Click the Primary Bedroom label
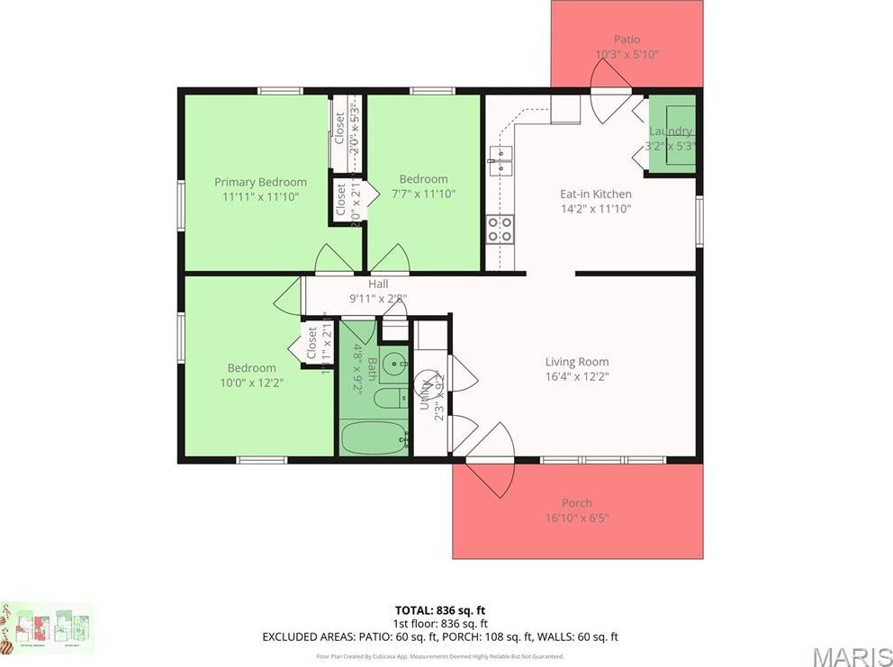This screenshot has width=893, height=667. pos(260,182)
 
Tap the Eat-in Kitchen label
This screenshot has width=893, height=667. pos(595,194)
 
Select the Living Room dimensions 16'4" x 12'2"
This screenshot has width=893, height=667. pos(577,377)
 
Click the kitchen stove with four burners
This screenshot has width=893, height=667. pos(500,230)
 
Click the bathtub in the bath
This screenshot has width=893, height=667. pos(374,440)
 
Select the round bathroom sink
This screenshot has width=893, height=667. pos(393,365)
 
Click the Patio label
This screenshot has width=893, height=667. pos(627,40)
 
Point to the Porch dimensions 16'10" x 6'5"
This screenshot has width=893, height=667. pos(577,518)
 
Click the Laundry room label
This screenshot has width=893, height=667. pos(672,131)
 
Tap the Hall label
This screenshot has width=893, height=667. pos(378,284)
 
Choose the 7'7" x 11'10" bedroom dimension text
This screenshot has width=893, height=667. pos(423,194)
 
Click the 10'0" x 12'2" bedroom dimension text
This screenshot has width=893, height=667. pos(251,383)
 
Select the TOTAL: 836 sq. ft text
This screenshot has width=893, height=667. pos(440,609)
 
